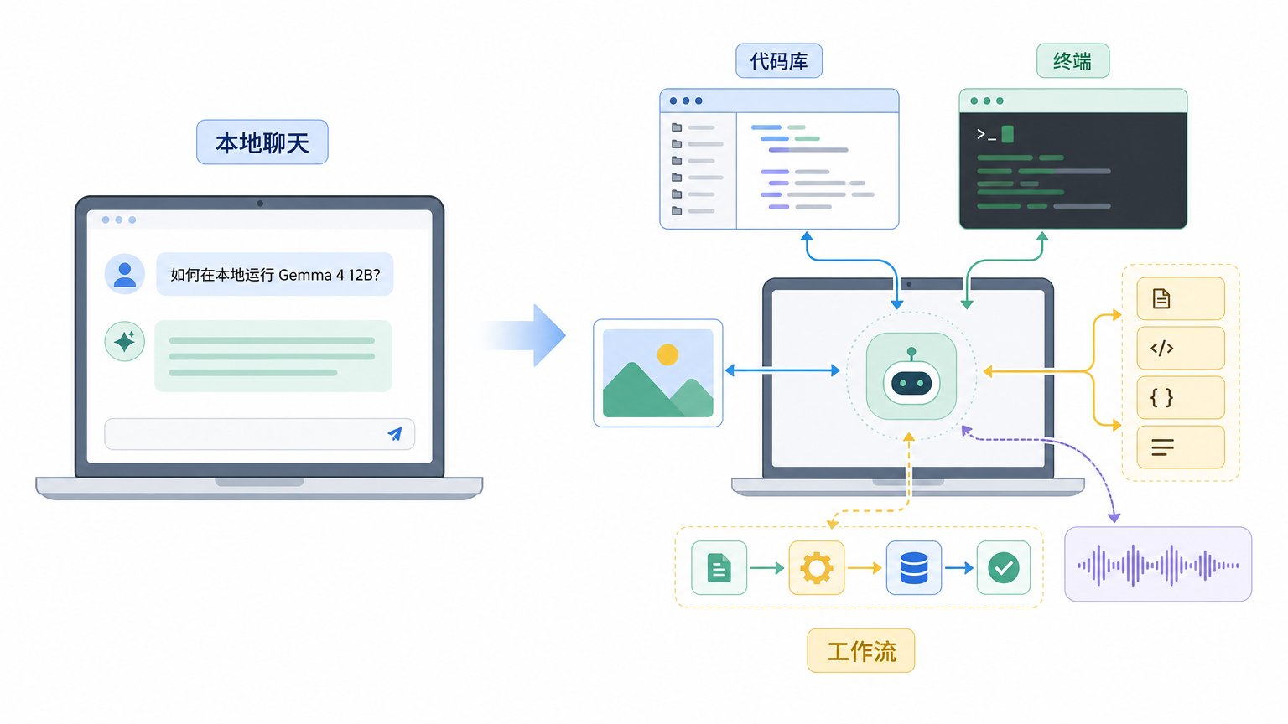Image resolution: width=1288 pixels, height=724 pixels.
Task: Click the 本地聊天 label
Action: point(262,142)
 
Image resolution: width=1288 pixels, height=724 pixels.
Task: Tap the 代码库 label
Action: point(779,61)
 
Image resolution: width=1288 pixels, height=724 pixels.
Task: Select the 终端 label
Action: point(1073,61)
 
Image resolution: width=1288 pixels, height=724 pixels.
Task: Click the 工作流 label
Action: point(861,651)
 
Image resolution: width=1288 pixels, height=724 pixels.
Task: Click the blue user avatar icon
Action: point(125,274)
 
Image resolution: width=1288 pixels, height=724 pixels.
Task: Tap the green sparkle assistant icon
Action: point(125,341)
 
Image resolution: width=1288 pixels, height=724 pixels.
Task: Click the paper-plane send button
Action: point(395,434)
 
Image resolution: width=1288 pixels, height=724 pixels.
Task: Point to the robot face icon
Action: point(911,376)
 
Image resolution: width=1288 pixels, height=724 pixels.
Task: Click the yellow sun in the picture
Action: point(667,354)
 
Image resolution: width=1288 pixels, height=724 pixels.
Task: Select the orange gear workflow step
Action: point(817,567)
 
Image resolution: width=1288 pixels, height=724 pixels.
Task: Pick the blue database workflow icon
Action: point(914,567)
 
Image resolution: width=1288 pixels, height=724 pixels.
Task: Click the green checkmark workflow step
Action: point(1004,567)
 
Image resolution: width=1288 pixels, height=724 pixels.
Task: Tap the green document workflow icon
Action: point(719,567)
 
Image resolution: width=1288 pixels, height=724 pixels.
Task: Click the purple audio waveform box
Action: point(1158,564)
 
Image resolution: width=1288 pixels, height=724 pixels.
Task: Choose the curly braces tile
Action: point(1181,398)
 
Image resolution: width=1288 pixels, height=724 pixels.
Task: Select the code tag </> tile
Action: point(1181,349)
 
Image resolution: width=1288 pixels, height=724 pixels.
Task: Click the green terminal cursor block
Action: point(1007,134)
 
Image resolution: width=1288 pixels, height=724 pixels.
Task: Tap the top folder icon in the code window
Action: point(677,127)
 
